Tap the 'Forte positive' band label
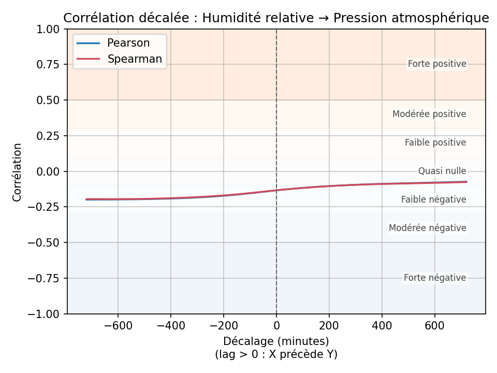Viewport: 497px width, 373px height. point(437,64)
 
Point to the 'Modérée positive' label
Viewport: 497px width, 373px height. point(429,114)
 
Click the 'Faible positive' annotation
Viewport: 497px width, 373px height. point(435,142)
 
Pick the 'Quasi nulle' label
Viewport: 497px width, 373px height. point(442,171)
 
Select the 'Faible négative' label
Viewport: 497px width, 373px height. point(433,199)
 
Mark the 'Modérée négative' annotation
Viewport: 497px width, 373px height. point(427,228)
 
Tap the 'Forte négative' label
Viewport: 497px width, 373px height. point(435,278)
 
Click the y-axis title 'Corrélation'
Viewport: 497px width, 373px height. point(18,172)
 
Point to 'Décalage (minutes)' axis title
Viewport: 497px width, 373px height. point(276,341)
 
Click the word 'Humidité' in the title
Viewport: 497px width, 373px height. point(227,18)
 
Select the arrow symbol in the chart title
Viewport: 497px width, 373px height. point(324,18)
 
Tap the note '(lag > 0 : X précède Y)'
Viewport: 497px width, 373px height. point(276,354)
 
